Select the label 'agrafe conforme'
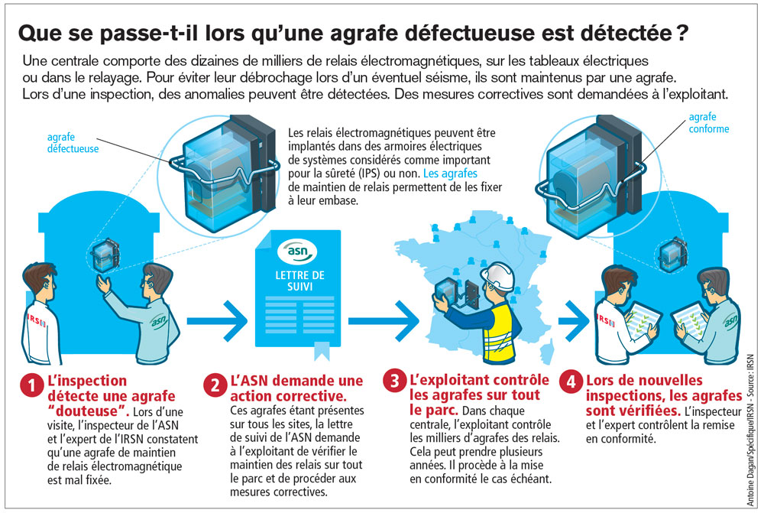tap(708, 123)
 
